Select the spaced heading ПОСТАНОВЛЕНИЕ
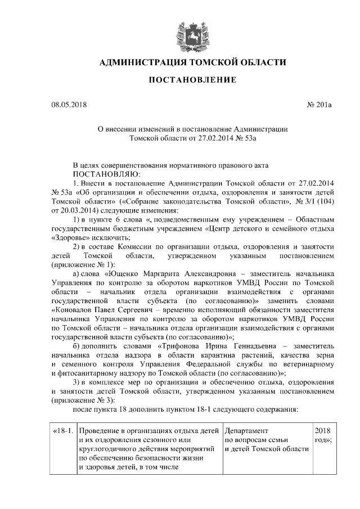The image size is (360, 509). (x=192, y=81)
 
